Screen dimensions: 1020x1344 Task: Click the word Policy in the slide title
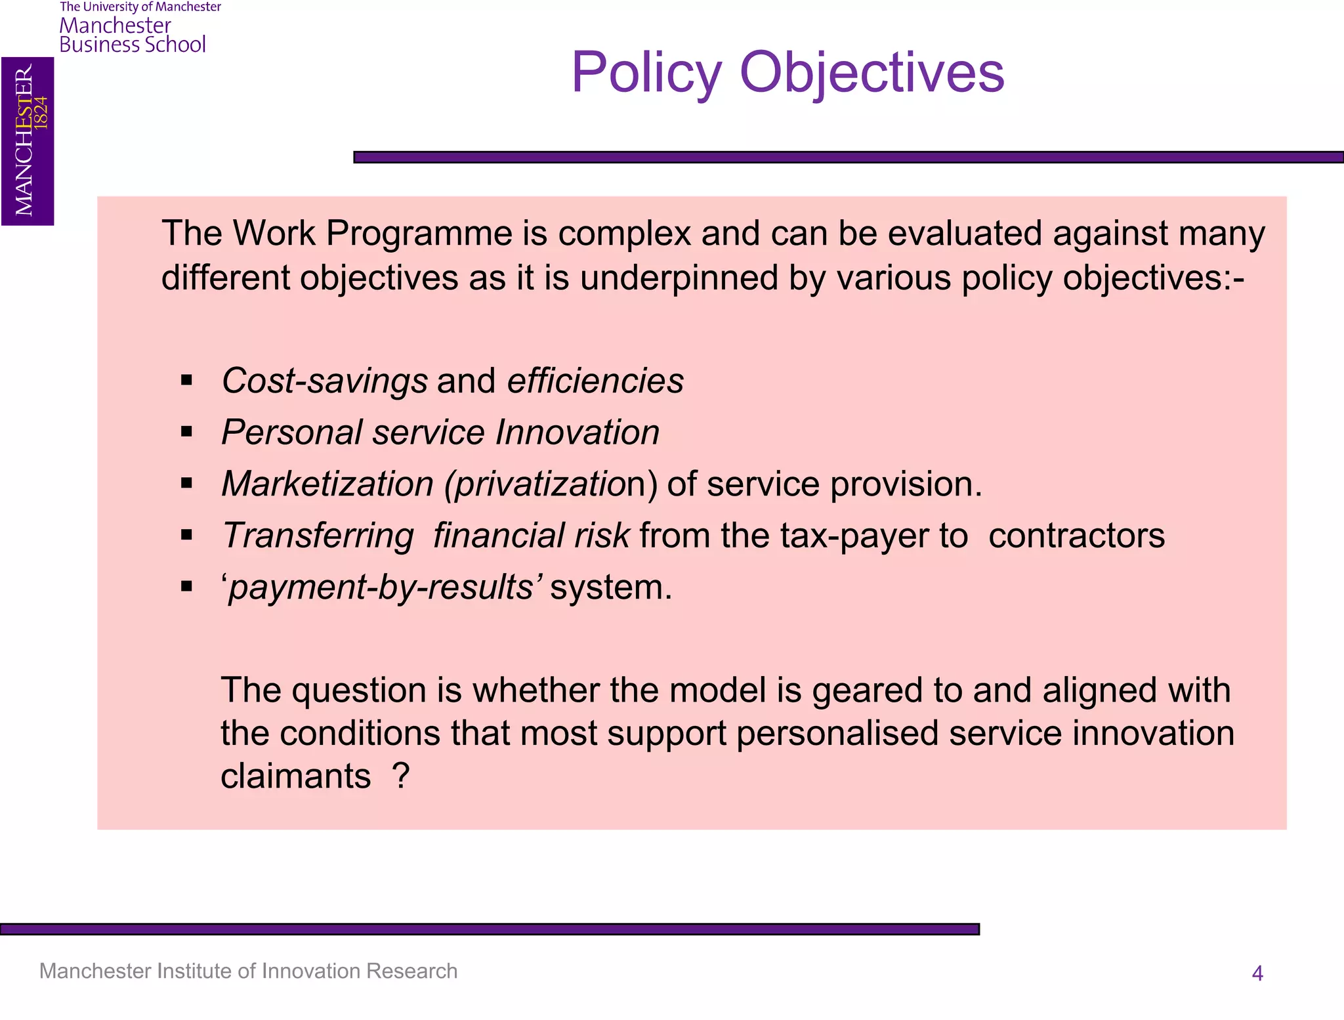coord(646,74)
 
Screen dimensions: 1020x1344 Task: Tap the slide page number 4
coord(1257,973)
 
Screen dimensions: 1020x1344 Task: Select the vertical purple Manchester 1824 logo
coord(28,141)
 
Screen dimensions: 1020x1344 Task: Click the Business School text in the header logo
coord(133,45)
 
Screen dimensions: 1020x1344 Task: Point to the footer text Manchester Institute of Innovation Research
coord(248,971)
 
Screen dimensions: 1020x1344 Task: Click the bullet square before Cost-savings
coord(187,380)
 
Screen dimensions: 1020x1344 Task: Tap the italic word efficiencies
coord(595,381)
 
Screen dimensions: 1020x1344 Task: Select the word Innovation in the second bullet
coord(577,433)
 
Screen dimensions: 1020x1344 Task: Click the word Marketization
coord(327,484)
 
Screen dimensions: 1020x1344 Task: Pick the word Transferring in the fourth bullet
coord(318,536)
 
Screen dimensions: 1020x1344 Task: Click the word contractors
coord(1076,536)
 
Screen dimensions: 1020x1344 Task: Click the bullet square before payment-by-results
coord(187,586)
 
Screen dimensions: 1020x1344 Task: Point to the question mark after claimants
coord(400,776)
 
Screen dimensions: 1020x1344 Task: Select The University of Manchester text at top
coord(140,7)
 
